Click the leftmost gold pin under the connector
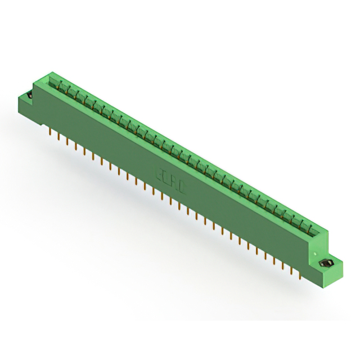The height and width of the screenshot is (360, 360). tap(51, 133)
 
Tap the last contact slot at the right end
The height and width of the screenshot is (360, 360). tap(309, 226)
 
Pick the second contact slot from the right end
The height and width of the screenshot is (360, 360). tap(300, 222)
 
